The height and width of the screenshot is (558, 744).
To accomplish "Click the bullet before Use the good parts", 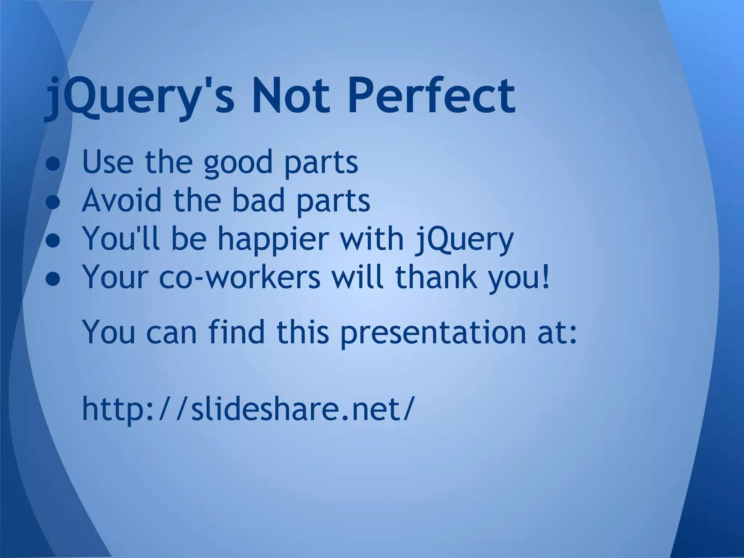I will pyautogui.click(x=53, y=164).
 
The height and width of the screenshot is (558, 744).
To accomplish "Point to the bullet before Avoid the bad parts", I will pyautogui.click(x=53, y=202).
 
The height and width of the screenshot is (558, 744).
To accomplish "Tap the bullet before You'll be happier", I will pyautogui.click(x=53, y=241).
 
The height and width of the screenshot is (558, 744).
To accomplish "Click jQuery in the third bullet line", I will pyautogui.click(x=464, y=240).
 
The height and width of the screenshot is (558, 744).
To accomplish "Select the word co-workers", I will pyautogui.click(x=240, y=278).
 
